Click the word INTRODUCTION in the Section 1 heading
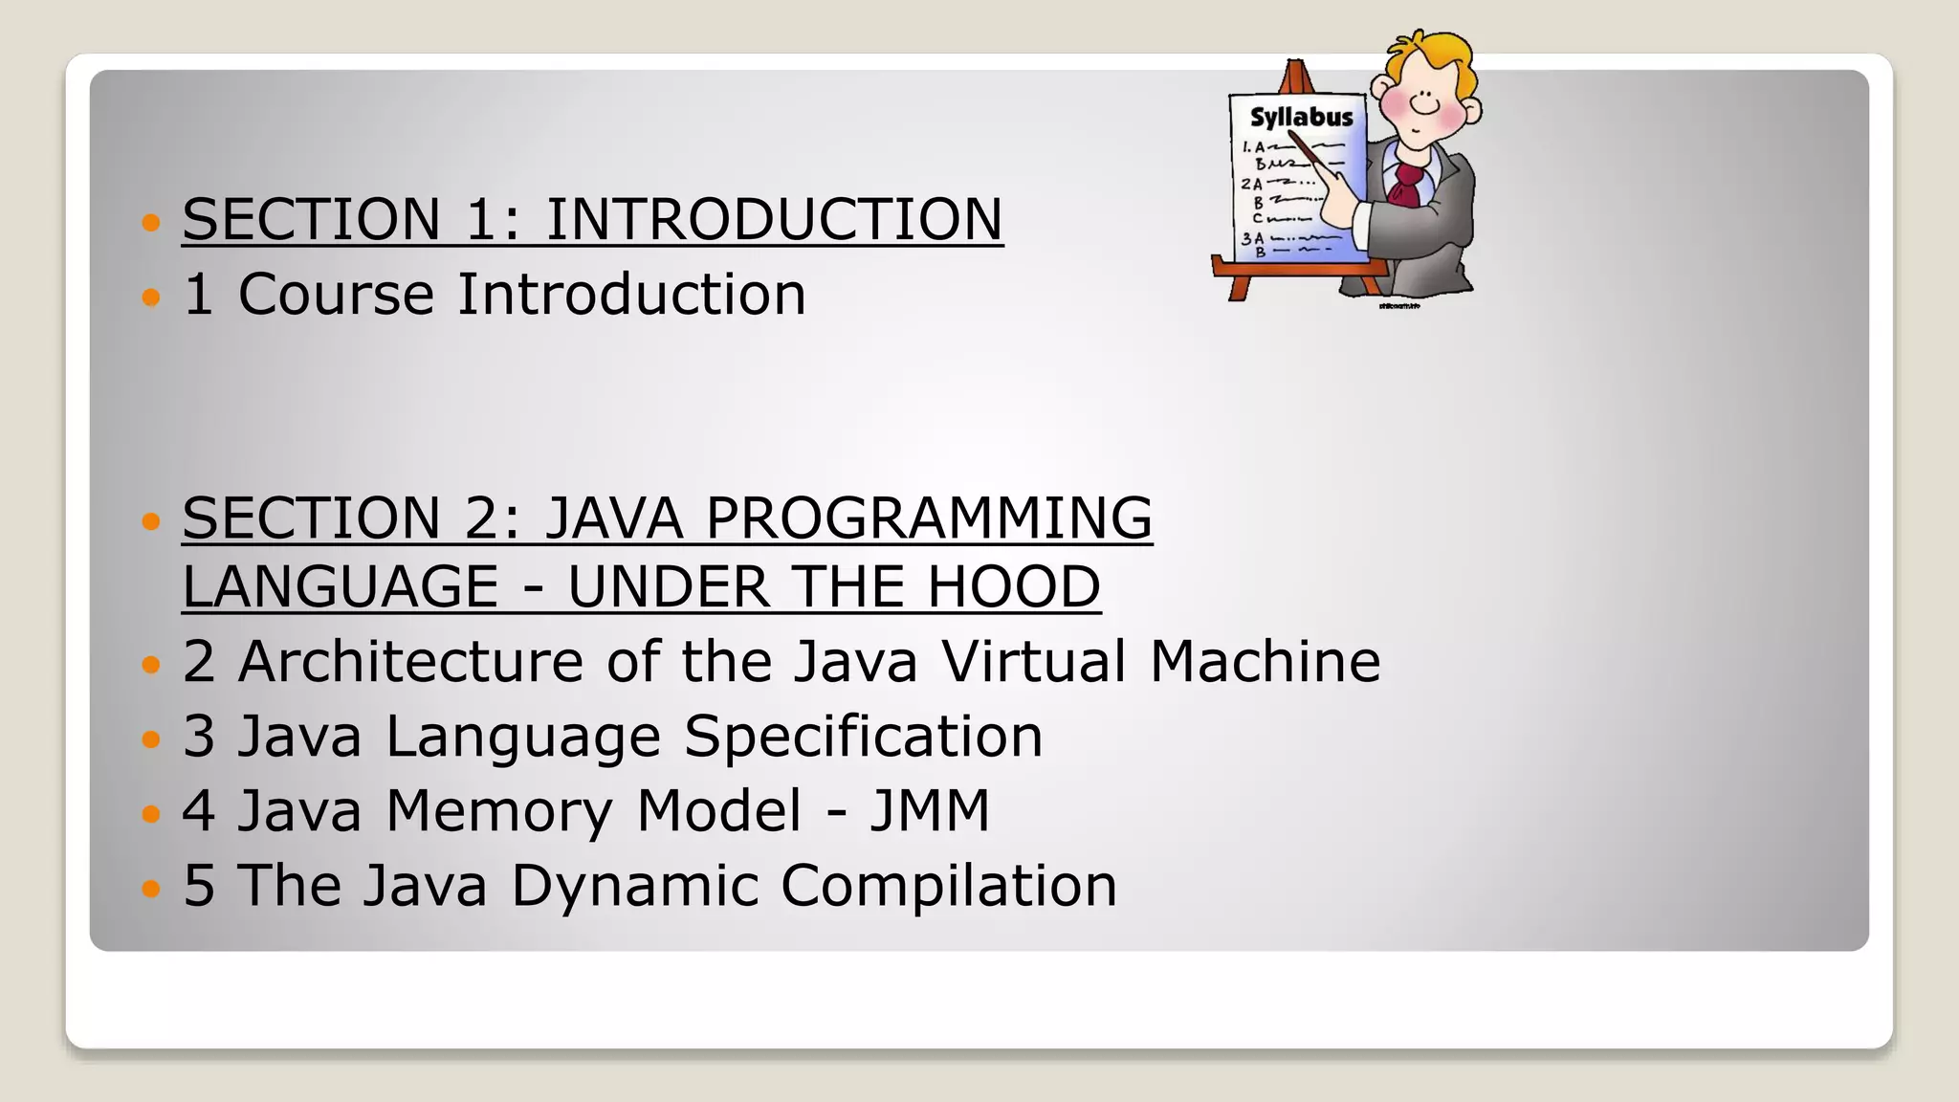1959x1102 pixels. pos(774,219)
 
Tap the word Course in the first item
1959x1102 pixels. pos(336,294)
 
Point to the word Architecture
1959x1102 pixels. pos(410,661)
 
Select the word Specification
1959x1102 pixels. pos(863,736)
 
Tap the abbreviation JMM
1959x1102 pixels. pos(929,810)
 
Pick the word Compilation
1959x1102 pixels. pos(948,885)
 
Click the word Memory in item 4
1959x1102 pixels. pos(498,812)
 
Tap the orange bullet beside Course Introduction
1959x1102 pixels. pos(150,298)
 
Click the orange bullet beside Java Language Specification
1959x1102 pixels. pos(150,739)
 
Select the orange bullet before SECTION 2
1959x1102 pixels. pos(150,521)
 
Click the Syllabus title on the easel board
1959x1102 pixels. pos(1301,118)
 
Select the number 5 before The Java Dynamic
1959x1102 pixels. pos(198,885)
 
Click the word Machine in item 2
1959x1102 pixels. pos(1265,661)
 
